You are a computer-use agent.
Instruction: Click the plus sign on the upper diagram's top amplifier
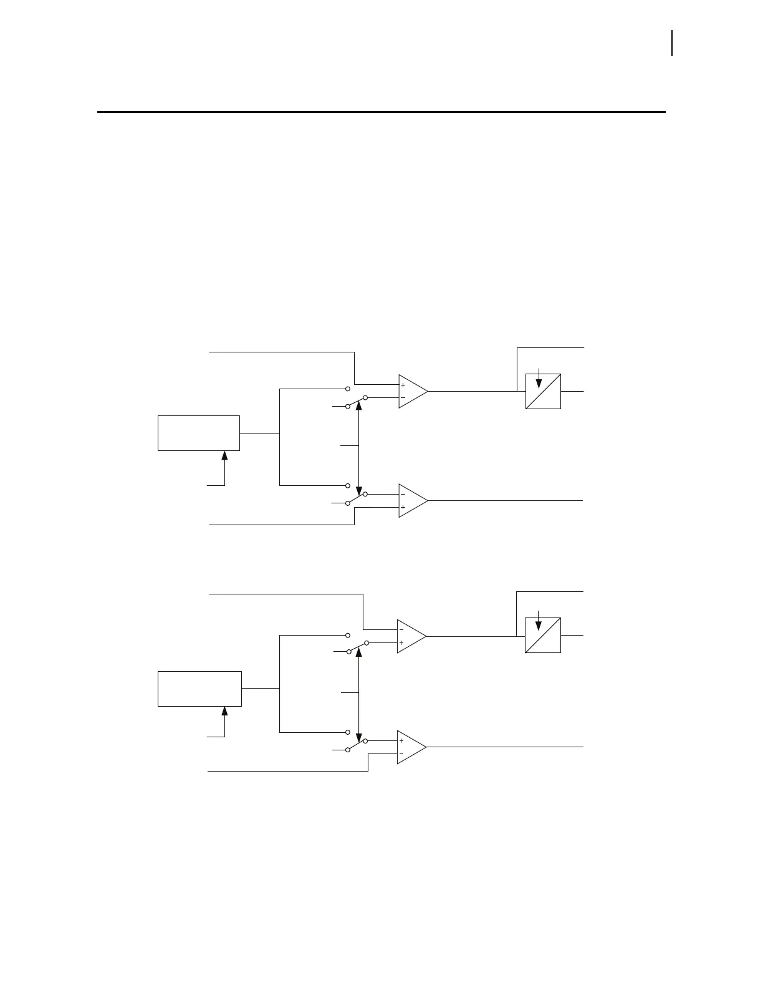[x=403, y=385]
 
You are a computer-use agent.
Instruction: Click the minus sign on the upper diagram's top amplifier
[x=403, y=397]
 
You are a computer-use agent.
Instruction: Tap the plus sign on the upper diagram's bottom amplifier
[x=403, y=507]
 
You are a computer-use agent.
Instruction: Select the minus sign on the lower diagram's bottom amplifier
[x=401, y=753]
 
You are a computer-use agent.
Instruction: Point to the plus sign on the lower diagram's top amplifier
[x=401, y=642]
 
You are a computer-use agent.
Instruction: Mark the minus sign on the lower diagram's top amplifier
[x=401, y=630]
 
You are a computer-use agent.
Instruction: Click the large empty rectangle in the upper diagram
[x=199, y=433]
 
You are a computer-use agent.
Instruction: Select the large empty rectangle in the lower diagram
[x=199, y=689]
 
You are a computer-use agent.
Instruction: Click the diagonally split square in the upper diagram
[x=543, y=391]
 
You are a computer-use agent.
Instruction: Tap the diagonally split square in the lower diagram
[x=543, y=635]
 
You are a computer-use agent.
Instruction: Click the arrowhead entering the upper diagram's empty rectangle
[x=224, y=455]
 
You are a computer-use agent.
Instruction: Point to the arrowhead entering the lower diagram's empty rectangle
[x=224, y=712]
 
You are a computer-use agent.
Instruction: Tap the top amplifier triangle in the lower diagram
[x=411, y=636]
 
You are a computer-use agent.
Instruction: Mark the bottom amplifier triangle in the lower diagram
[x=411, y=747]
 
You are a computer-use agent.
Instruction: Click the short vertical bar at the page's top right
[x=672, y=43]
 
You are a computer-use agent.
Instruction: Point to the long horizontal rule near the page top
[x=381, y=112]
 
